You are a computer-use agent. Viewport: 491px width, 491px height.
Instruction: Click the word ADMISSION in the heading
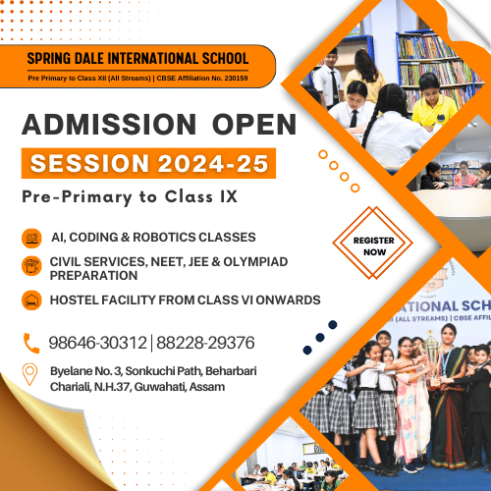tap(109, 125)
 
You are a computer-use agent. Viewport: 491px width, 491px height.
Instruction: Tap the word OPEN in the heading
tap(254, 125)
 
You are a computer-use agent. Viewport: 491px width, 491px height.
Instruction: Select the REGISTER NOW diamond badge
tap(373, 243)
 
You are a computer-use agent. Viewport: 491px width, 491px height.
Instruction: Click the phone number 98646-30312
tap(97, 343)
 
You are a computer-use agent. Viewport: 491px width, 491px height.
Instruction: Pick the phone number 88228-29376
tap(205, 343)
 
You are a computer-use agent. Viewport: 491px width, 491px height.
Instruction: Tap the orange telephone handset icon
tap(31, 344)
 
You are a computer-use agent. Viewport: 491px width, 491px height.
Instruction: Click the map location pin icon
tap(29, 374)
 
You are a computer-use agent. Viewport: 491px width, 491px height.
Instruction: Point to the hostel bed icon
tap(31, 300)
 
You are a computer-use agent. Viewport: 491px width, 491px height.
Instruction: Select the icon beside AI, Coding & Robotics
tap(31, 239)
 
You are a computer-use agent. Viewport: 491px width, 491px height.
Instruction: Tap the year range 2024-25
tap(213, 163)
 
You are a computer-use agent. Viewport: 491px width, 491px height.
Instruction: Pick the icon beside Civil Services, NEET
tap(31, 266)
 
